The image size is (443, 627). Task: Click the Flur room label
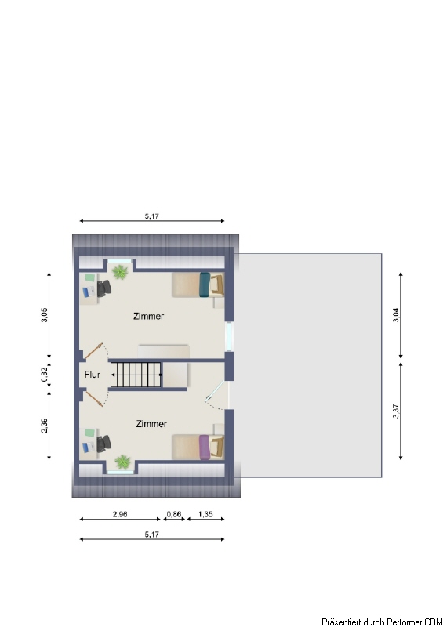[92, 375]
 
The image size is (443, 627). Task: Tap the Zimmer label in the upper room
[148, 317]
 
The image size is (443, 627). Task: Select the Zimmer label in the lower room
[151, 424]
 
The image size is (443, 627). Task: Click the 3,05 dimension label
[45, 315]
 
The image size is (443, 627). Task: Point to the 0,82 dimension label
[45, 375]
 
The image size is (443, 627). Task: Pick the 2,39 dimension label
[45, 425]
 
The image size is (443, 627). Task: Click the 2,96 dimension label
[120, 514]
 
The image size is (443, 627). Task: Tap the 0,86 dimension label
[174, 514]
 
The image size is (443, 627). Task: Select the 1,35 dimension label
[205, 514]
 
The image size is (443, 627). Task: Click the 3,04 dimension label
[396, 315]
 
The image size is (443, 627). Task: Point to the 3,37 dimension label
[396, 411]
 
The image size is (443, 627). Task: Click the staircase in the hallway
[136, 375]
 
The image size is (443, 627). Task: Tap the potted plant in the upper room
[120, 272]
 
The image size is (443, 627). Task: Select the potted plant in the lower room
[123, 462]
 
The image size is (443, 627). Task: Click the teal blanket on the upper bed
[205, 285]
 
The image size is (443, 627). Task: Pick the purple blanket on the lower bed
[205, 448]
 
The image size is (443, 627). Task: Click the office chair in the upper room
[104, 288]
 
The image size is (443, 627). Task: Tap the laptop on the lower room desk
[89, 447]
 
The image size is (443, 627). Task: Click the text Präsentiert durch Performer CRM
[382, 622]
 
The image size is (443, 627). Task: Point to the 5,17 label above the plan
[151, 216]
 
